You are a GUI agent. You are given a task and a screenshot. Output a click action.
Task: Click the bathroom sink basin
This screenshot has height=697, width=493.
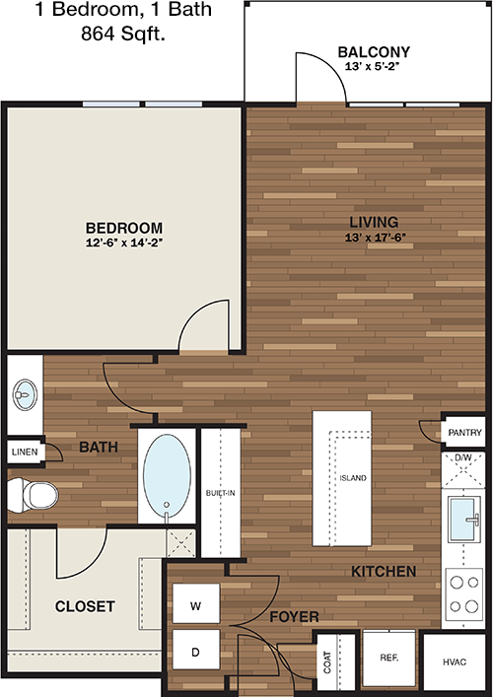coord(25,394)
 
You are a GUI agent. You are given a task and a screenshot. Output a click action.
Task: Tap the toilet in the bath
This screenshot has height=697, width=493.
coord(34,494)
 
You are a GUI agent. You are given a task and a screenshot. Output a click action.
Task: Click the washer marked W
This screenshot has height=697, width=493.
coord(196,603)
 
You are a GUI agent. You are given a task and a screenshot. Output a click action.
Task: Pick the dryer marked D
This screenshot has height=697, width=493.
coord(196,650)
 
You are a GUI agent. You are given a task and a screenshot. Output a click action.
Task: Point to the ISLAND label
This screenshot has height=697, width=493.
coord(353,478)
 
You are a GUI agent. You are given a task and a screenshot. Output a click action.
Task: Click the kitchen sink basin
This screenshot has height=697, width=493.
coord(464,519)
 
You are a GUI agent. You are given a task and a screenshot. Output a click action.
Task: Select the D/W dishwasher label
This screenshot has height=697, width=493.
coord(463,457)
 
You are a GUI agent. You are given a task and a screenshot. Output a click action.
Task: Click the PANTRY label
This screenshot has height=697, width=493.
coord(464,432)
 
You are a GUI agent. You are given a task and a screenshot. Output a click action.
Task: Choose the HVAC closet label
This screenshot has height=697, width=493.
coord(455,662)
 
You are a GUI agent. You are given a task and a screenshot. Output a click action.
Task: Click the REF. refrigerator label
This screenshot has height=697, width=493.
coord(389,658)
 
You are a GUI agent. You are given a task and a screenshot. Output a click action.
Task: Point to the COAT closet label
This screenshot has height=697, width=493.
coord(327,662)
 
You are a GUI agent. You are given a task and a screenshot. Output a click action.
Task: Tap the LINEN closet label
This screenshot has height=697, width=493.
coord(25,453)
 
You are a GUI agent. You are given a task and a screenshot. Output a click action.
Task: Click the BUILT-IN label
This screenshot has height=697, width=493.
coord(221,493)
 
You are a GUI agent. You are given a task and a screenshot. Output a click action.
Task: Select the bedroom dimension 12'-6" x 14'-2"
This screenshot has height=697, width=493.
coord(124,243)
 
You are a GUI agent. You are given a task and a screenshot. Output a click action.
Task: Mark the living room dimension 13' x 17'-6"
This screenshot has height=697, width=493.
coord(376,238)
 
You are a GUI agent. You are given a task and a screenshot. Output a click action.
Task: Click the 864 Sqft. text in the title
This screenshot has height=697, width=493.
coord(123,34)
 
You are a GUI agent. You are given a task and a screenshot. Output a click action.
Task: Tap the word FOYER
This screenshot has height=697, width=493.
coord(294,617)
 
